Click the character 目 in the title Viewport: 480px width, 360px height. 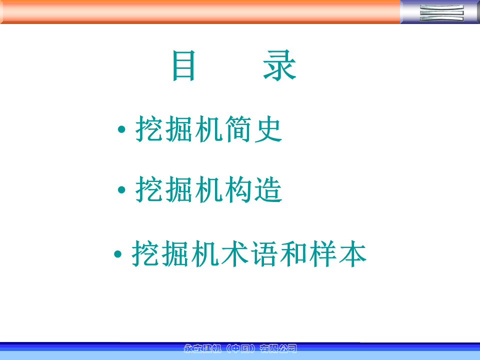coord(183,65)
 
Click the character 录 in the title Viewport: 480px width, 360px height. coord(279,65)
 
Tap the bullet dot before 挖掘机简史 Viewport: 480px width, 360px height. coord(121,129)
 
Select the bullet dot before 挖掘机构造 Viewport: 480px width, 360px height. coord(121,190)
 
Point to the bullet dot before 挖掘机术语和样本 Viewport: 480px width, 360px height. coord(117,254)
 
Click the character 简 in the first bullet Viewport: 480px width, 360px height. coord(238,129)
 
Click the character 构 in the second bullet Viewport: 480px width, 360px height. coord(238,189)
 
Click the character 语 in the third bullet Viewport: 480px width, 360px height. coord(264,253)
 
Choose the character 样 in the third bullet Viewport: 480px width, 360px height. coord(323,253)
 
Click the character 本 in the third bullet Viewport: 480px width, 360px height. coord(352,253)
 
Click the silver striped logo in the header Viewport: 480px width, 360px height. coord(441,12)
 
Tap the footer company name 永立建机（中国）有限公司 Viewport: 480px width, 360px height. coord(240,348)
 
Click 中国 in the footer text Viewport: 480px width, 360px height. coord(240,348)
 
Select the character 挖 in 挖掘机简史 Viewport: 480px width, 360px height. coord(149,129)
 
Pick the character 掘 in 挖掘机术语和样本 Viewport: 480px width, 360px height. coord(175,253)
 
